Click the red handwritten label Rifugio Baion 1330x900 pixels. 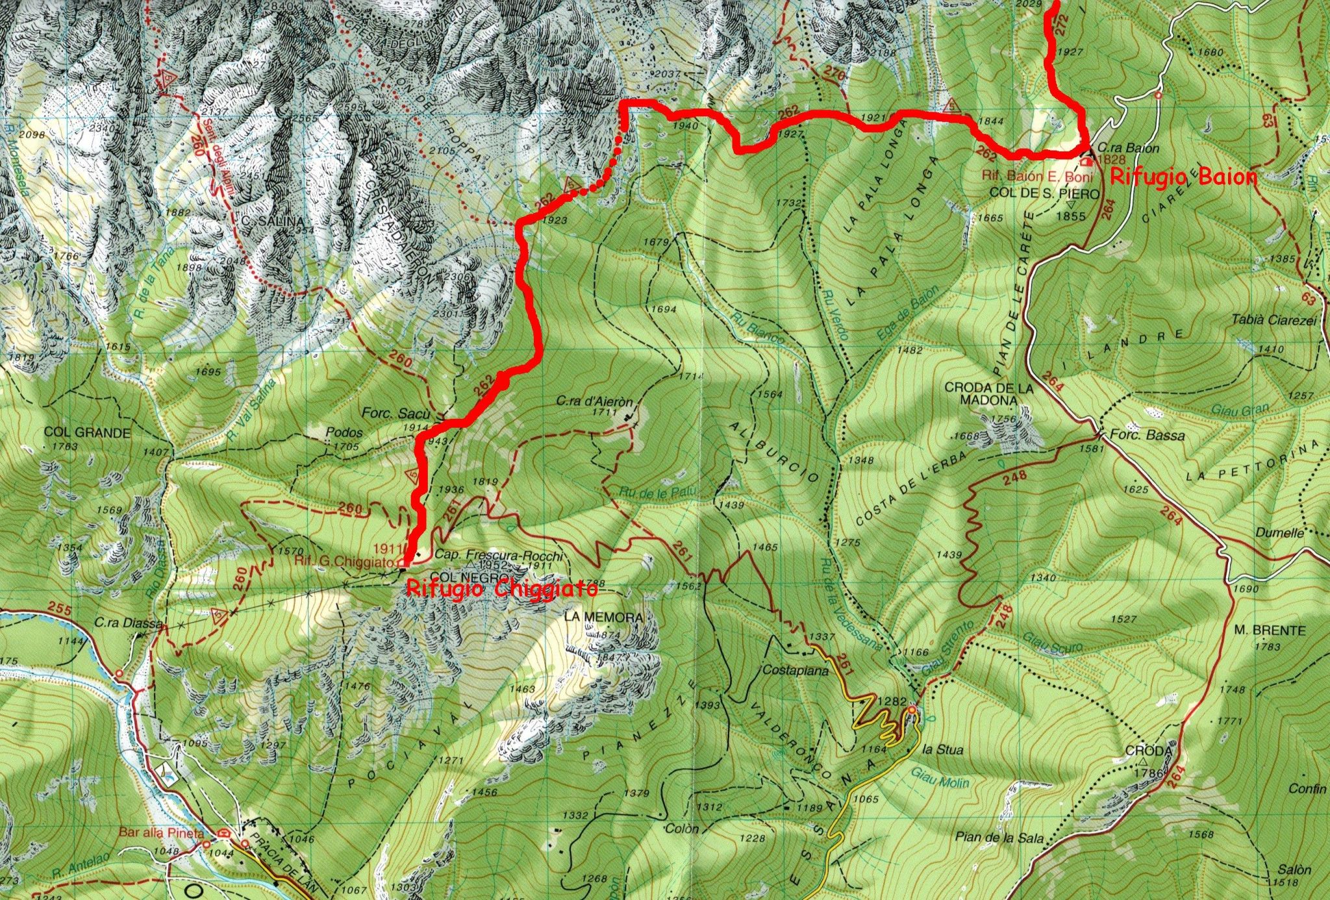coord(1183,177)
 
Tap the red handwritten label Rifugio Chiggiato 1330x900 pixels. coord(501,590)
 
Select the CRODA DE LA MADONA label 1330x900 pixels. coord(988,394)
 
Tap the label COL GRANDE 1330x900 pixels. coord(87,432)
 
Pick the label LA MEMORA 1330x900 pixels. coord(603,617)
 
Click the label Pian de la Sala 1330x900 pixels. coord(999,838)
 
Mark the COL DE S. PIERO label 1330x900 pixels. coord(1044,194)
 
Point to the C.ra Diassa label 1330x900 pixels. coord(129,623)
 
